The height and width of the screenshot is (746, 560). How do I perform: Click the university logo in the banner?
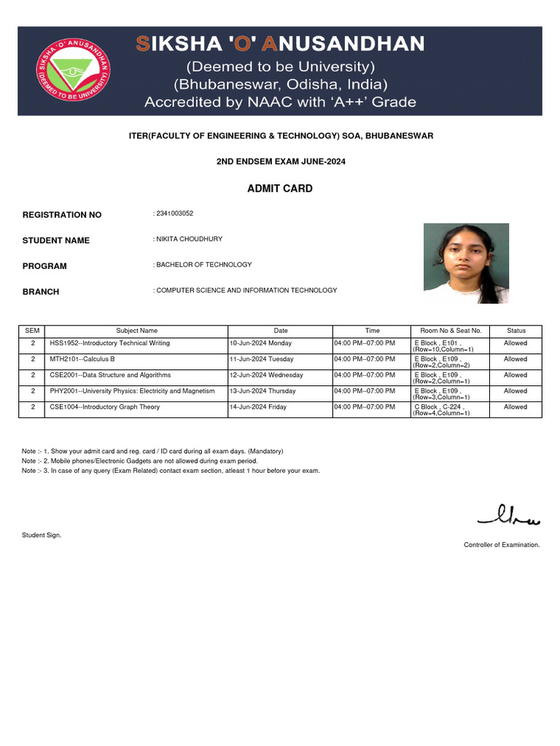(x=74, y=71)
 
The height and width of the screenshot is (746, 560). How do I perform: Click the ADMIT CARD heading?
(x=280, y=189)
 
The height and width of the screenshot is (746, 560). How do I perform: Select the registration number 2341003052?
(x=175, y=213)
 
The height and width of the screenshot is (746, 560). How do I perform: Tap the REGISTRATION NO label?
(x=62, y=215)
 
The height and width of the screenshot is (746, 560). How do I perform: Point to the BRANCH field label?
(x=41, y=291)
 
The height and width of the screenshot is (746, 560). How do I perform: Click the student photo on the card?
(x=466, y=263)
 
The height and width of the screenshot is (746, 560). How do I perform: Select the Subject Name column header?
(x=137, y=331)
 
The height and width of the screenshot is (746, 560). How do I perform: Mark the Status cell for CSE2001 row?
(x=516, y=375)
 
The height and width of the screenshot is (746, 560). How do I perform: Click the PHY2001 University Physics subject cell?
(x=132, y=391)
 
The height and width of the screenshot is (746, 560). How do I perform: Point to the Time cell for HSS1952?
(x=365, y=343)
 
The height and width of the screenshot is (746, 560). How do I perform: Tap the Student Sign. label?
(x=42, y=535)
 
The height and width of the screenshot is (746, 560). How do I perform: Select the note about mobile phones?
(x=140, y=461)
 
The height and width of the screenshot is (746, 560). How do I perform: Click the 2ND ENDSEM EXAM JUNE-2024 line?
(x=280, y=161)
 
